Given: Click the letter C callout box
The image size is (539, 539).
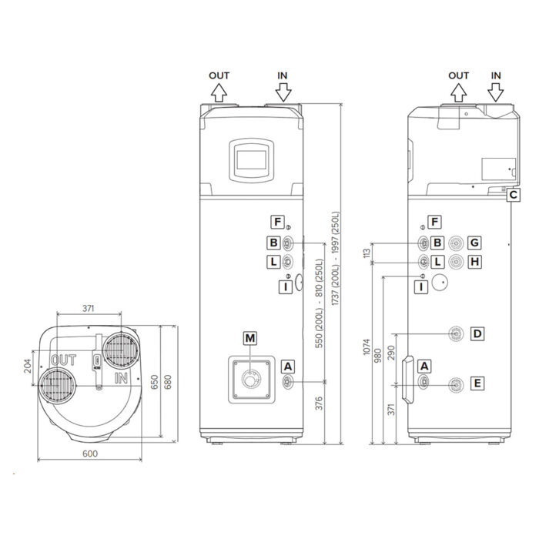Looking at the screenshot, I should [x=513, y=195].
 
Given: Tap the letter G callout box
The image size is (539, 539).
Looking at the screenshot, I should [x=475, y=243].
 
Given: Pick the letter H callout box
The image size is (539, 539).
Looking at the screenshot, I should [x=475, y=262].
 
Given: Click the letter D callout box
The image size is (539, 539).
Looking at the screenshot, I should [x=477, y=333].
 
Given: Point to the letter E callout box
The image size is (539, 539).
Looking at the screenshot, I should [x=477, y=383].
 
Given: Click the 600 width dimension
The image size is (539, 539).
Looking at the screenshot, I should [x=89, y=454].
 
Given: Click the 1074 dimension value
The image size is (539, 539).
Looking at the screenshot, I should [x=367, y=353].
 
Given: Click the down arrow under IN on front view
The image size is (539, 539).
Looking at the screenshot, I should [x=283, y=93].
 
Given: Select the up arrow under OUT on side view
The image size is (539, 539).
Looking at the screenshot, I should [x=458, y=93].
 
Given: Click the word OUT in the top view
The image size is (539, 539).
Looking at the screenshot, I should [x=63, y=360].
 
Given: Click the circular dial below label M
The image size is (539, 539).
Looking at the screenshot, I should [x=249, y=380].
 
